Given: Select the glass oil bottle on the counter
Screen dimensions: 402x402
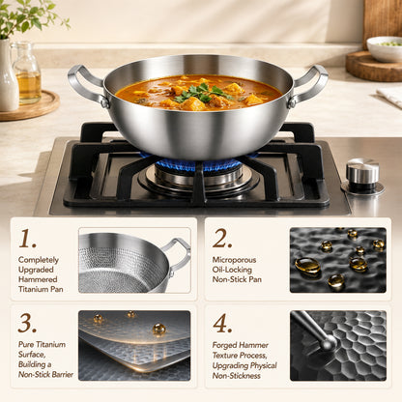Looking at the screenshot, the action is pyautogui.click(x=27, y=74).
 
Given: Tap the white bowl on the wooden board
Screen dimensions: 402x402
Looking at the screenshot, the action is pyautogui.click(x=385, y=49).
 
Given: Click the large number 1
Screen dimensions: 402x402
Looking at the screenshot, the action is pyautogui.click(x=27, y=239).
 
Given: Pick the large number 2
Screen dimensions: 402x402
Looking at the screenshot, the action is pyautogui.click(x=222, y=239).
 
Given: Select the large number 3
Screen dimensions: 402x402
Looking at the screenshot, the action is pyautogui.click(x=27, y=323).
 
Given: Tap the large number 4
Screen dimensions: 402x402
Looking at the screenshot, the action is pyautogui.click(x=222, y=323).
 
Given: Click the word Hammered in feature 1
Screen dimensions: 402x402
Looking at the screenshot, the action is pyautogui.click(x=38, y=279).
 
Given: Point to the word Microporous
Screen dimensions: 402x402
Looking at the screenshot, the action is pyautogui.click(x=234, y=260).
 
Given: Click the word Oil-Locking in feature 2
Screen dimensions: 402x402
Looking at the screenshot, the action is pyautogui.click(x=232, y=270).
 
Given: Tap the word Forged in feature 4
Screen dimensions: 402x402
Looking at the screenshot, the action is pyautogui.click(x=224, y=345).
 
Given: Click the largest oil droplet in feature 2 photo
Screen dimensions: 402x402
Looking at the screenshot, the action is pyautogui.click(x=307, y=266).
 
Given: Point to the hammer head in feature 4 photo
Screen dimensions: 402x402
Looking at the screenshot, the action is pyautogui.click(x=328, y=342).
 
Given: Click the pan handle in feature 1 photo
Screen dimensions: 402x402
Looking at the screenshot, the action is pyautogui.click(x=178, y=255).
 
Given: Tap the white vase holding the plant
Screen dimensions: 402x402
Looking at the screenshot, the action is pyautogui.click(x=8, y=75).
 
